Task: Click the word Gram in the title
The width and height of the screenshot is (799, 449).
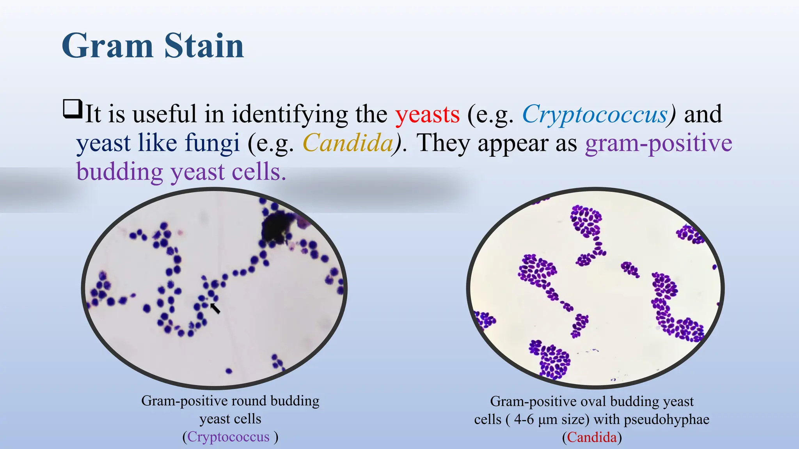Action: pyautogui.click(x=107, y=46)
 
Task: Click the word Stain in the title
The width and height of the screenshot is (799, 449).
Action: pyautogui.click(x=204, y=46)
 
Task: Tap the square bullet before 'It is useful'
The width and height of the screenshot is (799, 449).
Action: pyautogui.click(x=73, y=109)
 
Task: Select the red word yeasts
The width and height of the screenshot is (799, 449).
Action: pyautogui.click(x=427, y=114)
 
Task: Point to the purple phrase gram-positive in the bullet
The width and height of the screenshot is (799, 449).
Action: pyautogui.click(x=658, y=143)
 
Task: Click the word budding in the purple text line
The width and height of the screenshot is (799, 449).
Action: pyautogui.click(x=119, y=172)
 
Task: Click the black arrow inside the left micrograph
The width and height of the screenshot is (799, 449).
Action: pyautogui.click(x=215, y=308)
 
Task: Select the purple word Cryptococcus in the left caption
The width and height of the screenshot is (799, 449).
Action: pyautogui.click(x=228, y=437)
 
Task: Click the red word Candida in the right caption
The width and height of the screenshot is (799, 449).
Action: pyautogui.click(x=592, y=437)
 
